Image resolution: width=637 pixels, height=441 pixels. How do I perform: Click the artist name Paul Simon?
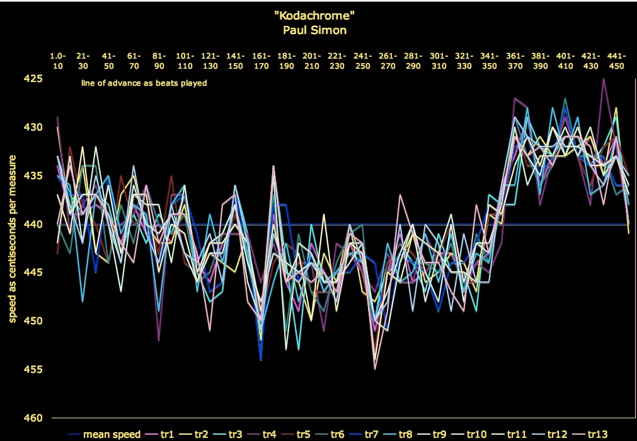tap(318, 28)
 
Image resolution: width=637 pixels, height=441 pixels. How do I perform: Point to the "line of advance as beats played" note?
tap(144, 83)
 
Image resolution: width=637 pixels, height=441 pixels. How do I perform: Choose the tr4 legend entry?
tap(267, 434)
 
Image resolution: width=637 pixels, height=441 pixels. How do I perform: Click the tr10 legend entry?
tap(477, 434)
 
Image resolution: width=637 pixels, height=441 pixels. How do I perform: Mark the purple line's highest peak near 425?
tap(604, 79)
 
